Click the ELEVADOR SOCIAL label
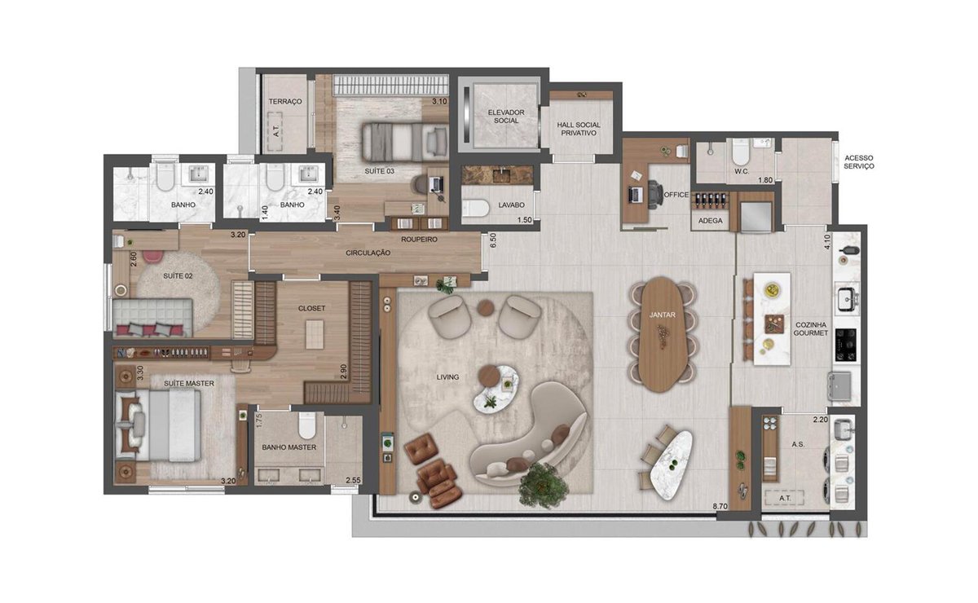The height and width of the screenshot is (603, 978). [x=506, y=117]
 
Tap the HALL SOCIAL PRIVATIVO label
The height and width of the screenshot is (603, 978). [x=579, y=129]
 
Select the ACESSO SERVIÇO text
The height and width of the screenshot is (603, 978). [x=859, y=162]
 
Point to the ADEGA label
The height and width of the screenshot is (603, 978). [x=711, y=221]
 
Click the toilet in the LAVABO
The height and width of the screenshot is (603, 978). [x=475, y=209]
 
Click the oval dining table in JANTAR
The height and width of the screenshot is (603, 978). [x=662, y=334]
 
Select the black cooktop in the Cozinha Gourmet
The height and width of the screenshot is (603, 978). [x=846, y=345]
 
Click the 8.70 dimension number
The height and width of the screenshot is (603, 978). [x=720, y=507]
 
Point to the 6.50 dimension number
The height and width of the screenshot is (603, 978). [x=493, y=240]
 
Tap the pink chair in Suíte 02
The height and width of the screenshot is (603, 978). [x=152, y=257]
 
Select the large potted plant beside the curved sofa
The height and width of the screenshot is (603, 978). [x=543, y=486]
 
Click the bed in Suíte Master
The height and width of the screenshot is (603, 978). [x=158, y=425]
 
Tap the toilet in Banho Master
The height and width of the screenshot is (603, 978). [x=307, y=425]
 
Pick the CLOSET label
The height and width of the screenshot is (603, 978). [x=311, y=308]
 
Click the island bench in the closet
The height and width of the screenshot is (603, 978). [x=315, y=334]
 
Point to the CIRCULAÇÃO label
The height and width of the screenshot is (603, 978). [x=368, y=253]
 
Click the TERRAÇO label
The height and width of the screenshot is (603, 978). [x=285, y=101]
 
